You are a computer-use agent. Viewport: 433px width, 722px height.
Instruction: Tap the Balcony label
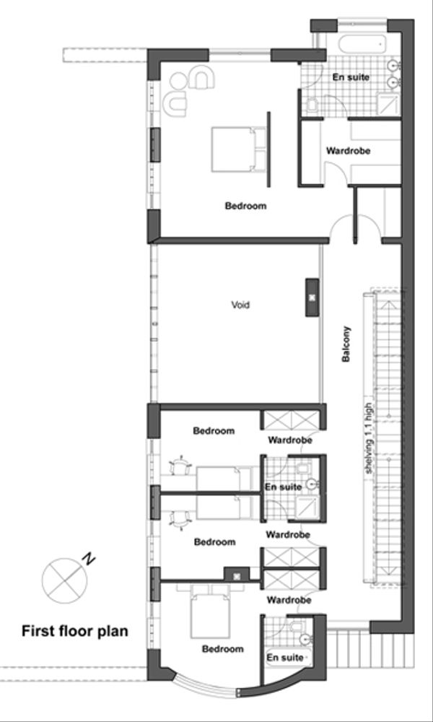[x=346, y=346]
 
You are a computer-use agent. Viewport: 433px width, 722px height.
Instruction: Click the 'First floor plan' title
[x=75, y=632]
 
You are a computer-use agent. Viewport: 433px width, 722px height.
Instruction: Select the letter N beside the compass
[x=88, y=558]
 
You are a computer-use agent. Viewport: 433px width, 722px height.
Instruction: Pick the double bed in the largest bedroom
[x=233, y=148]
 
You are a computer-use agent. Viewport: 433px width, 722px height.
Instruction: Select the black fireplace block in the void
[x=312, y=297]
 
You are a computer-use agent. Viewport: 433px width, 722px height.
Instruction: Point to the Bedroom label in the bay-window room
[x=222, y=649]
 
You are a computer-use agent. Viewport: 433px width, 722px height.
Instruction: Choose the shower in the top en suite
[x=390, y=106]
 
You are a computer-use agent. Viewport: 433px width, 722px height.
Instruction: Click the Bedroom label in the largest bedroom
[x=245, y=206]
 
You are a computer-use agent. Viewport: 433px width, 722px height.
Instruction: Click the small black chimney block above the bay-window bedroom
[x=236, y=575]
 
